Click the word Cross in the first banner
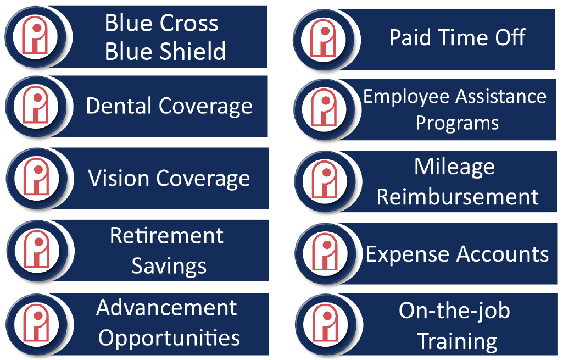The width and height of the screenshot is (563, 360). (x=189, y=23)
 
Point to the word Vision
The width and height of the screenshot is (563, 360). (x=119, y=178)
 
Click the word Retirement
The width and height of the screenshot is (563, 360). (x=166, y=236)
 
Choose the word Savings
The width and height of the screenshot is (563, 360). (x=169, y=266)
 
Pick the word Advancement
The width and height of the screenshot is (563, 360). (x=166, y=308)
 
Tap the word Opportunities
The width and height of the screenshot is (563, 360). (x=169, y=338)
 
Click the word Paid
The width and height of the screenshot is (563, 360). (x=410, y=37)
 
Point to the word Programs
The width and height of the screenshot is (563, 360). (x=457, y=123)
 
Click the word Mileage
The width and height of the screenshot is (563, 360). (x=455, y=167)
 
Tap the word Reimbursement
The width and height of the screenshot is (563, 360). (x=458, y=197)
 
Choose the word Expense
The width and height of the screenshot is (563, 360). (x=409, y=254)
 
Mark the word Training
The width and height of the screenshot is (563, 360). (x=457, y=341)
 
